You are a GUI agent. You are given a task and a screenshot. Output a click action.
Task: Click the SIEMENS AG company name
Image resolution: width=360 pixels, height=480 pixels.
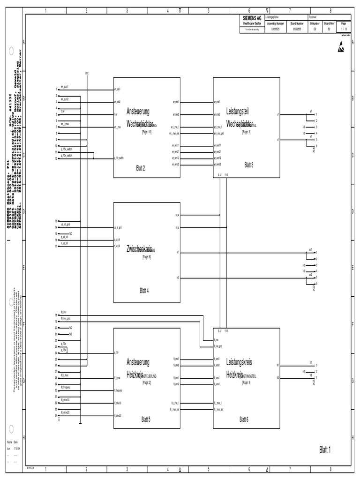point(252,17)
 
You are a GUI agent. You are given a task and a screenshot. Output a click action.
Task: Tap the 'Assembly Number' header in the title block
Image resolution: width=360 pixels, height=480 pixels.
point(275,22)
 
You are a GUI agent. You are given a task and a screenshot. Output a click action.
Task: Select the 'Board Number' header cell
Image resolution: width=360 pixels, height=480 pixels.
point(297,22)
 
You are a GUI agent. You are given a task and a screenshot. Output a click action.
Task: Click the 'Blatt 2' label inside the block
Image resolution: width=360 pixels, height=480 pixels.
point(141,168)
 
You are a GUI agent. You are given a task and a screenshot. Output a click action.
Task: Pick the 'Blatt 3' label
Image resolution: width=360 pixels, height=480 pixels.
point(249,165)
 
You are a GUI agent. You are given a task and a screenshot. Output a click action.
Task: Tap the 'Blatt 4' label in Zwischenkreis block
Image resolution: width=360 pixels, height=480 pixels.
point(144,291)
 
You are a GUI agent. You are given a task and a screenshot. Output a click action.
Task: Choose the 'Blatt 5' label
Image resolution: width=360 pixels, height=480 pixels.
point(146,420)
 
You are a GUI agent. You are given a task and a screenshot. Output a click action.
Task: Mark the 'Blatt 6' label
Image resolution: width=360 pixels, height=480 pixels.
point(244,420)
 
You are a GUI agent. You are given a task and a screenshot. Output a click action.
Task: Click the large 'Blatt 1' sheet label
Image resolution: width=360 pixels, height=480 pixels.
point(325,450)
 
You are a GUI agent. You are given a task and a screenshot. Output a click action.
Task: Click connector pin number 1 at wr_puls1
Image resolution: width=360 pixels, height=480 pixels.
point(56,90)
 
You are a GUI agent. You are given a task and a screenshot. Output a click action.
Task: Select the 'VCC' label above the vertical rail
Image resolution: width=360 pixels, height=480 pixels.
point(87,73)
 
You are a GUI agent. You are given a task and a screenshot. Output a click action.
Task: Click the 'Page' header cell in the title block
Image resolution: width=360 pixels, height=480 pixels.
point(344,22)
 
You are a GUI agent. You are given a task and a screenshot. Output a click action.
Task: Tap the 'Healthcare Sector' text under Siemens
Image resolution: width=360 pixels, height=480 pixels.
point(252,22)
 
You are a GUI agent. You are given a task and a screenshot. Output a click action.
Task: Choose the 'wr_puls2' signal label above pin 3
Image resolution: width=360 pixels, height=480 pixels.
point(65,99)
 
